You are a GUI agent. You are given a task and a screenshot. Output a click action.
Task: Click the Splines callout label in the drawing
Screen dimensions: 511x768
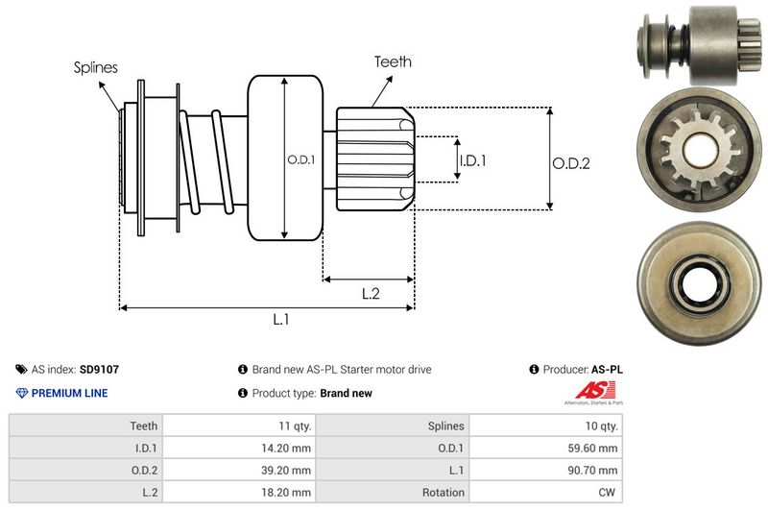tap(96, 67)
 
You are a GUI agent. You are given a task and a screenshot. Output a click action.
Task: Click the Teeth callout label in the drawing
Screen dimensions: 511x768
tap(392, 61)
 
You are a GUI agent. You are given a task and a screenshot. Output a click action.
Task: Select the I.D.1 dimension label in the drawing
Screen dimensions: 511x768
tap(472, 161)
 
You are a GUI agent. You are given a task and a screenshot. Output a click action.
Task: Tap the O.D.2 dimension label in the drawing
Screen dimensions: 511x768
tap(570, 163)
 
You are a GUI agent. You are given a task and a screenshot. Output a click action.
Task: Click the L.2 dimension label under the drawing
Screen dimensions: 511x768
tap(372, 294)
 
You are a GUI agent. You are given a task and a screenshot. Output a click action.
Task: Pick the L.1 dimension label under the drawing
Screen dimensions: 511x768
tap(281, 320)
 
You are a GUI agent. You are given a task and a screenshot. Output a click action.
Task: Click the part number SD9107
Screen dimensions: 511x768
tap(99, 369)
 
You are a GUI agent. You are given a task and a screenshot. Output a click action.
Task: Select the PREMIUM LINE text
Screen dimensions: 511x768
tap(69, 393)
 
